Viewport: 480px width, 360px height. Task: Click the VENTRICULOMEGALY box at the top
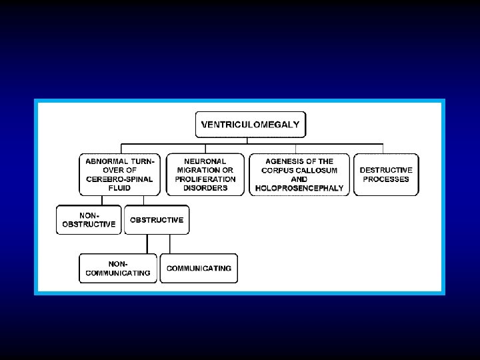click(251, 124)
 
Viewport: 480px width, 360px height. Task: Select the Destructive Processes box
click(386, 174)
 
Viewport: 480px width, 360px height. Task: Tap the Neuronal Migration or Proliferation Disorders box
click(205, 174)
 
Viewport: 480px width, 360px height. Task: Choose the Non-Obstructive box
click(89, 219)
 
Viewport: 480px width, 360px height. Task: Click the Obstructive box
click(157, 219)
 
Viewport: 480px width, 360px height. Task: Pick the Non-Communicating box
click(117, 268)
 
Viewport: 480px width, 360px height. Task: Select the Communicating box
click(199, 268)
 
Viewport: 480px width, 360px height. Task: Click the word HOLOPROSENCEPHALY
click(299, 188)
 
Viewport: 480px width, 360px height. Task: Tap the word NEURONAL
click(205, 161)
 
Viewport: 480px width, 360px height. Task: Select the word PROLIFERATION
click(205, 179)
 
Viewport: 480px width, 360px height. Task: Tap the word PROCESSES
click(386, 179)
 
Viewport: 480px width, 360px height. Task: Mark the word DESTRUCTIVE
click(386, 170)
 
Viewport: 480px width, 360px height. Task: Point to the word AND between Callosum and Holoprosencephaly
click(299, 179)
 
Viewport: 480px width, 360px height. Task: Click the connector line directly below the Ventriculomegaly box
click(247, 139)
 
